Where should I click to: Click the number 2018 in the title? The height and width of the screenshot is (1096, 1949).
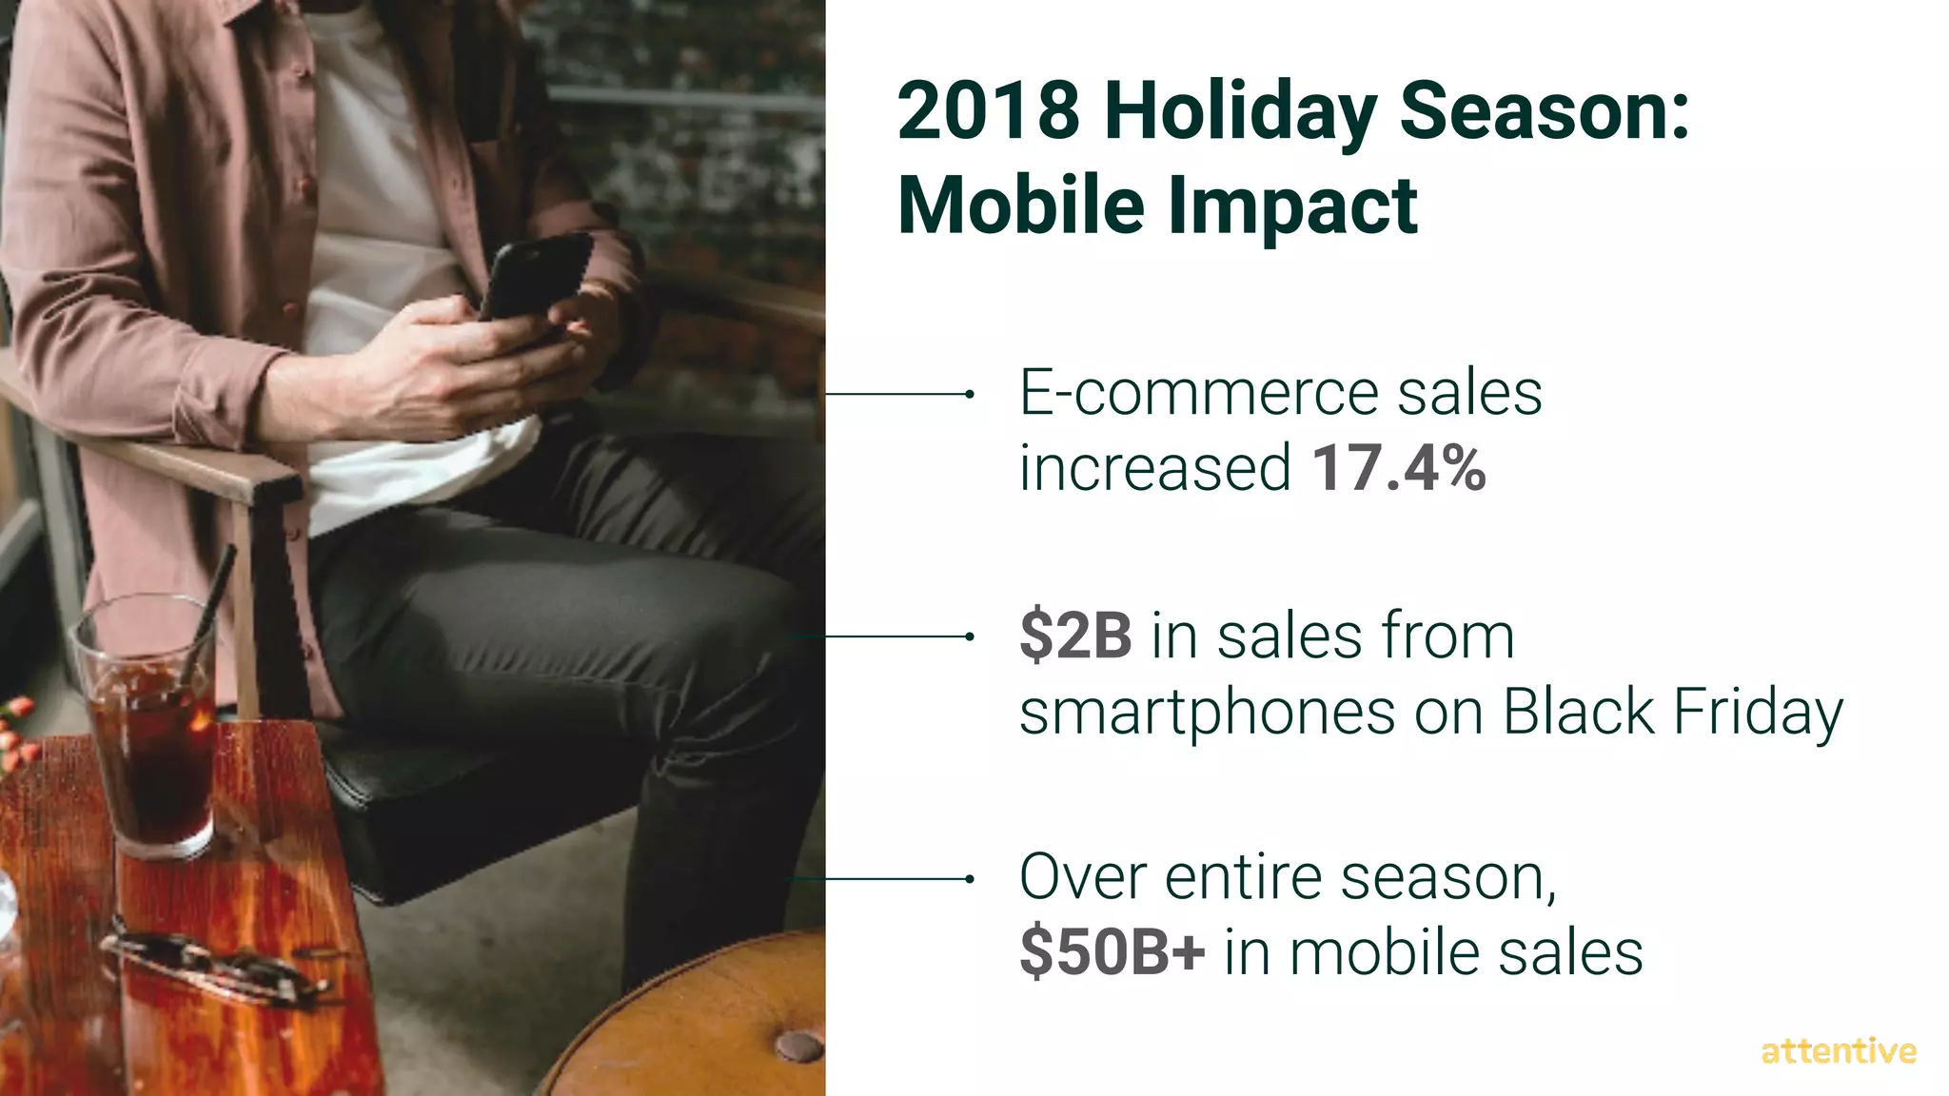(988, 111)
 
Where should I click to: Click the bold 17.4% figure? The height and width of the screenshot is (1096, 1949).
(1398, 468)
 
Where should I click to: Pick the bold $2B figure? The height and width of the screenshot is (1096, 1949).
(1075, 636)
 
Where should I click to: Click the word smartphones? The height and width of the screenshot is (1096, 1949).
(1207, 714)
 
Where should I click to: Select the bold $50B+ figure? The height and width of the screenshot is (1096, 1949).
(1112, 952)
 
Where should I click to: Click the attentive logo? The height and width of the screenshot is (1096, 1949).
(1838, 1051)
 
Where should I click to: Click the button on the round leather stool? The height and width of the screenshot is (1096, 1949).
(797, 1047)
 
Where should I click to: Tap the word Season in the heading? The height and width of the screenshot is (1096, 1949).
(1544, 111)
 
